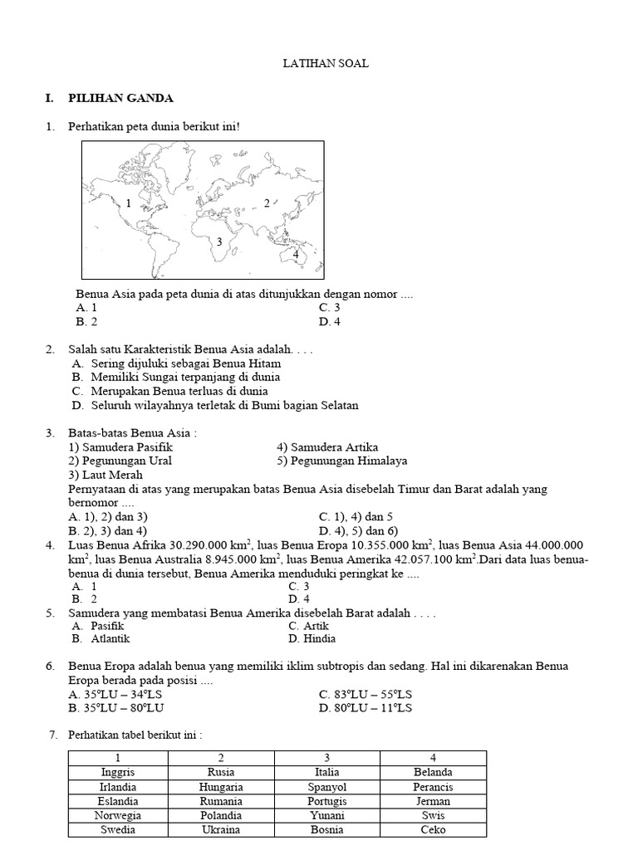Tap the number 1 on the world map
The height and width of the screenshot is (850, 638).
(x=130, y=203)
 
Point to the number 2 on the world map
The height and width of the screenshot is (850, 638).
(x=266, y=203)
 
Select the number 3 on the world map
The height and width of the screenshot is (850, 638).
(x=219, y=242)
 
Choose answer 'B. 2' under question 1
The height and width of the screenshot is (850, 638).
(x=86, y=321)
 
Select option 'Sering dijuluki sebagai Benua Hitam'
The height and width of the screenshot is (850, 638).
(x=176, y=364)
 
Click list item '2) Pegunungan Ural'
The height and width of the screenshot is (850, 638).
(x=120, y=461)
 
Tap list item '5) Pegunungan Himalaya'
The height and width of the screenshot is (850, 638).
(x=342, y=461)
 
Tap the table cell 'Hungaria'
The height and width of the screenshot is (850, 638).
(x=221, y=787)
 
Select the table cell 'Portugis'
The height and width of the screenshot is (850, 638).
(x=327, y=801)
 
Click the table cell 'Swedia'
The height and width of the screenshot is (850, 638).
(x=118, y=829)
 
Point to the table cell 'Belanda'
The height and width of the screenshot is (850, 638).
(x=434, y=773)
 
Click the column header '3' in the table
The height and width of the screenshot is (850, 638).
(x=327, y=758)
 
